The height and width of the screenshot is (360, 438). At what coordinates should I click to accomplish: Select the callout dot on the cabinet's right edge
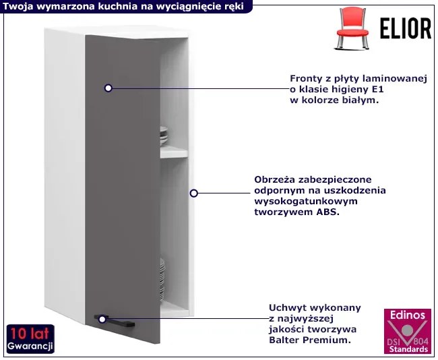click(x=194, y=193)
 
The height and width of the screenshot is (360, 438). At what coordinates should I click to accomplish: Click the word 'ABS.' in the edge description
click(x=327, y=212)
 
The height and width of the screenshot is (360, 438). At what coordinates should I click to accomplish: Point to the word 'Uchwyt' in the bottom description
click(x=287, y=307)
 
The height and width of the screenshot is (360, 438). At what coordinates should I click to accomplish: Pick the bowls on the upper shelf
click(x=164, y=136)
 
